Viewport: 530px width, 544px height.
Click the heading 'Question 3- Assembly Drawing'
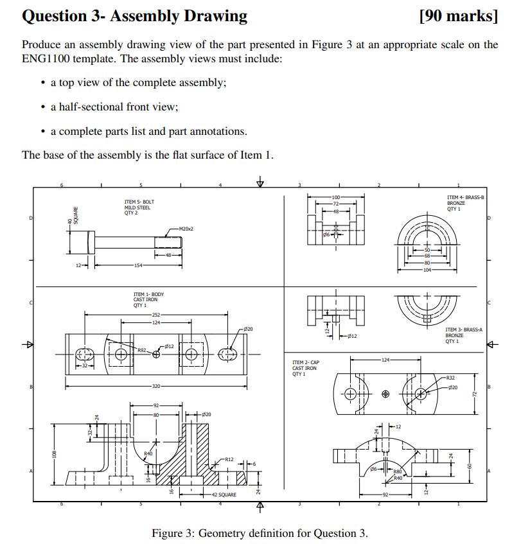pyautogui.click(x=134, y=16)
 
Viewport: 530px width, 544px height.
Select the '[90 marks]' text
pyautogui.click(x=457, y=16)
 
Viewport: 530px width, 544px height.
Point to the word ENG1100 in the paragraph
pyautogui.click(x=47, y=58)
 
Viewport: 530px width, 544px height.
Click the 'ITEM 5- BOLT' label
pyautogui.click(x=139, y=202)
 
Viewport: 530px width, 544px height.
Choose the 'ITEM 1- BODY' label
pyautogui.click(x=148, y=295)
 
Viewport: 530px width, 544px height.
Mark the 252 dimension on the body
pyautogui.click(x=156, y=315)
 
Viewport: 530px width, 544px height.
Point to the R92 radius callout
pyautogui.click(x=142, y=351)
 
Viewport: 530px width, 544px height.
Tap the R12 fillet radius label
pyautogui.click(x=229, y=459)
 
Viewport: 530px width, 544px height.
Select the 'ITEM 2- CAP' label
pyautogui.click(x=305, y=362)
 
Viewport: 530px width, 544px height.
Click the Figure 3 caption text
pyautogui.click(x=260, y=533)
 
